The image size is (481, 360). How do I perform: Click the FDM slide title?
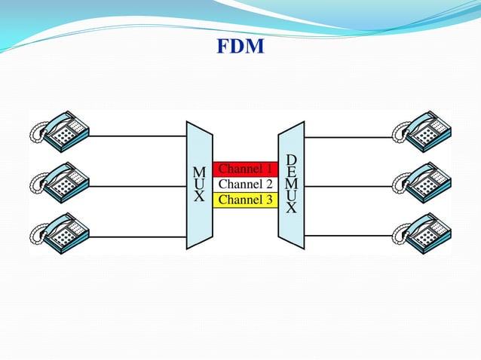tap(240, 47)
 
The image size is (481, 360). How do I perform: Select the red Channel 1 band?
tap(245, 169)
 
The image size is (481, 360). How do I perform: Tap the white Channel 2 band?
tap(245, 185)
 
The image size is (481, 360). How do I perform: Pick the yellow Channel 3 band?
tap(245, 200)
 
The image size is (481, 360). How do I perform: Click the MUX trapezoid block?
tap(199, 185)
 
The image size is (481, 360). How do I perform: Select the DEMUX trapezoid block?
tap(291, 185)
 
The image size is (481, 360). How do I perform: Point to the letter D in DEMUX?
tap(292, 160)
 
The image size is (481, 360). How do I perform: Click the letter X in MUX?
tap(199, 197)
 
